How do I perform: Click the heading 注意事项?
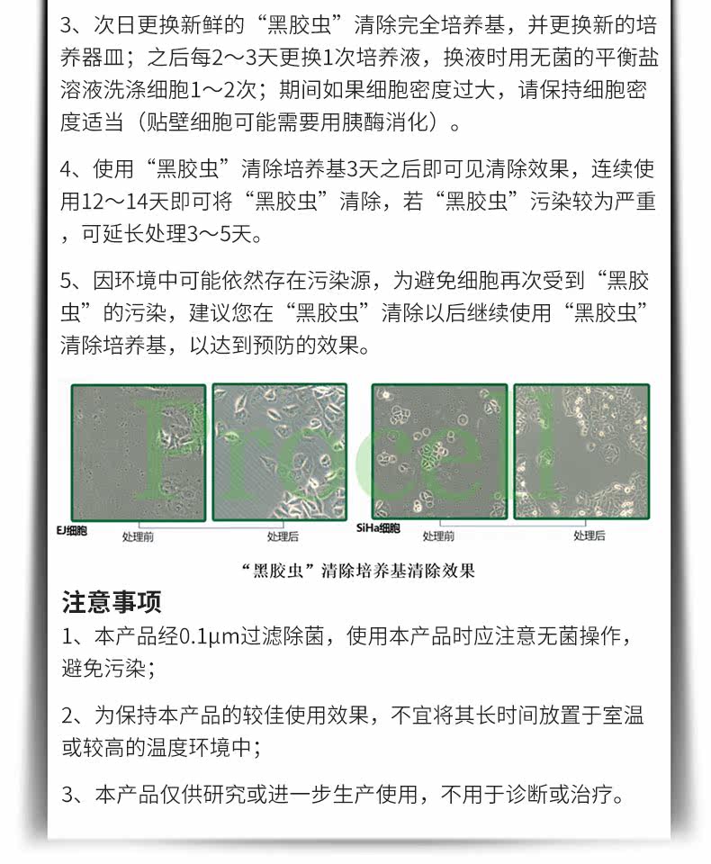pyautogui.click(x=112, y=602)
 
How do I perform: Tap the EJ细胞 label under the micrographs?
pyautogui.click(x=72, y=531)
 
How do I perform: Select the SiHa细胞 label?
pyautogui.click(x=378, y=528)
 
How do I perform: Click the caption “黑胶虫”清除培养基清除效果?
pyautogui.click(x=359, y=571)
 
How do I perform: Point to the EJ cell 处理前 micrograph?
pyautogui.click(x=139, y=453)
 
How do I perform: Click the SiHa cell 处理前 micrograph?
pyautogui.click(x=439, y=452)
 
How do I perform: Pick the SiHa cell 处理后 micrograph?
pyautogui.click(x=581, y=452)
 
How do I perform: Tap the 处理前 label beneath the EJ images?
pyautogui.click(x=138, y=536)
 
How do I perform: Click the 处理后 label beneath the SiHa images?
pyautogui.click(x=589, y=535)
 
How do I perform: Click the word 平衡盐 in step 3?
pyautogui.click(x=627, y=58)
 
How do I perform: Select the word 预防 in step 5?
pyautogui.click(x=274, y=346)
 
